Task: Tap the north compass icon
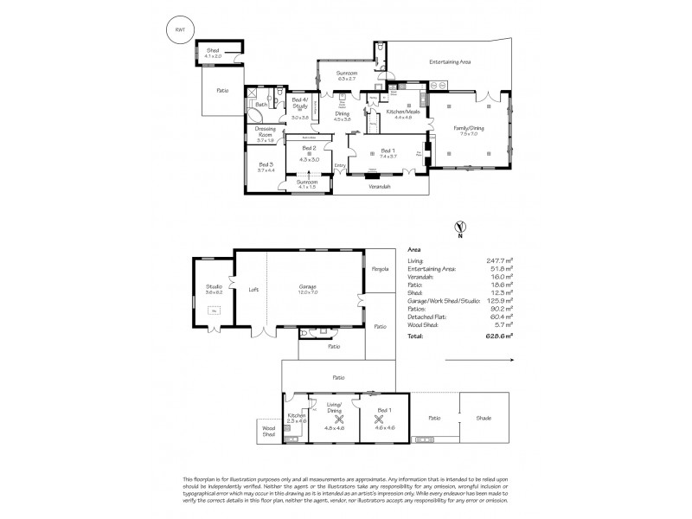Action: tap(458, 229)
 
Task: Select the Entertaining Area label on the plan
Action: tap(450, 62)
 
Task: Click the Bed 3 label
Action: tap(266, 166)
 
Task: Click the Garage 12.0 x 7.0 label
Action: tap(308, 289)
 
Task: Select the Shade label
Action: tap(483, 418)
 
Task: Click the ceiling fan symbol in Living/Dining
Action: tap(329, 417)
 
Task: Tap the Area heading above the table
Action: tap(413, 247)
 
